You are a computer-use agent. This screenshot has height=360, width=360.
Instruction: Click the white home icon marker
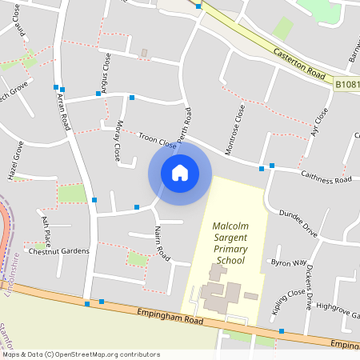pyautogui.click(x=180, y=172)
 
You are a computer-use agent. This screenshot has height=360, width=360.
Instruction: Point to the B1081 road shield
pyautogui.click(x=346, y=83)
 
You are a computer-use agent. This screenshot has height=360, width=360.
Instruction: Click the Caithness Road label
pyautogui.click(x=326, y=177)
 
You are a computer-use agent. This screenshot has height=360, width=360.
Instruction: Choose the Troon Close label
pyautogui.click(x=157, y=141)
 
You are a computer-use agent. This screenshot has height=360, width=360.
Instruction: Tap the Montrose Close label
pyautogui.click(x=238, y=123)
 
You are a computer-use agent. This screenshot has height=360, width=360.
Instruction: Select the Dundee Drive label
pyautogui.click(x=298, y=223)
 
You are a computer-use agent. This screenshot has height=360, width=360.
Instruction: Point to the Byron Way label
pyautogui.click(x=289, y=262)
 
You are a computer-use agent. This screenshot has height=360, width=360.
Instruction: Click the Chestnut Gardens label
pyautogui.click(x=59, y=251)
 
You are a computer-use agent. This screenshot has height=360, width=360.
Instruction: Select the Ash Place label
pyautogui.click(x=46, y=230)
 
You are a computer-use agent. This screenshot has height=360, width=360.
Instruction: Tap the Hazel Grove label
pyautogui.click(x=17, y=161)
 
